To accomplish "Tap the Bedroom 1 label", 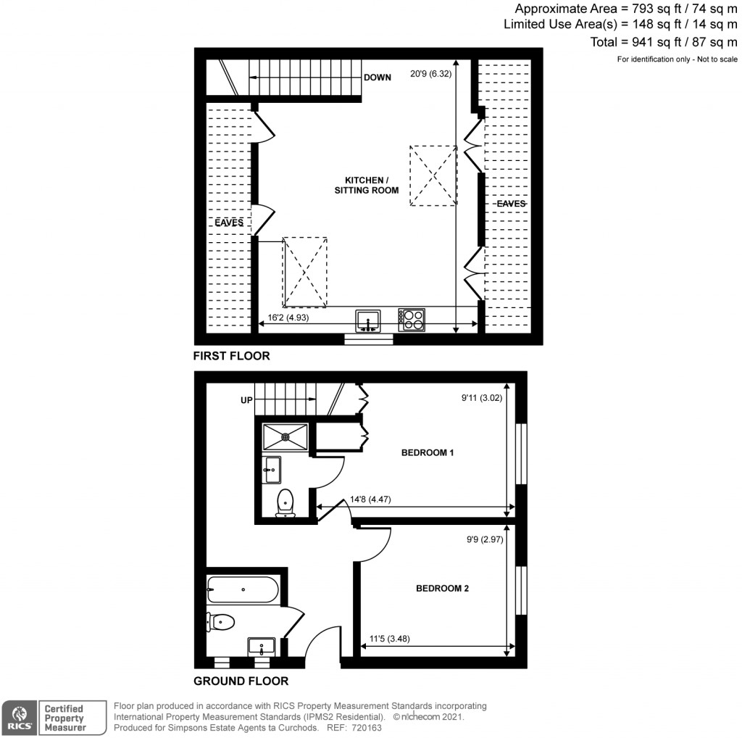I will tap(428, 453).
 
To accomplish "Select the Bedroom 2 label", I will tap(442, 589).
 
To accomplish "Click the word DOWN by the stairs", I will tap(378, 78).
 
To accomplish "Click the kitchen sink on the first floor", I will tap(368, 320).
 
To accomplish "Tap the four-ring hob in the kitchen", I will tap(412, 320).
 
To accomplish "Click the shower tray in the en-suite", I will tap(285, 436).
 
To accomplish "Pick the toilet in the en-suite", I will tap(285, 502).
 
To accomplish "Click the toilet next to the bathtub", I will tap(222, 621).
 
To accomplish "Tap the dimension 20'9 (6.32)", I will tap(431, 73).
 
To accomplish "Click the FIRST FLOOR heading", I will tap(231, 356).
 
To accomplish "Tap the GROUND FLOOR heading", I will tap(241, 681).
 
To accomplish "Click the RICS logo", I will tap(18, 716).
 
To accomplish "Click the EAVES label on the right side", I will tap(511, 204).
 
